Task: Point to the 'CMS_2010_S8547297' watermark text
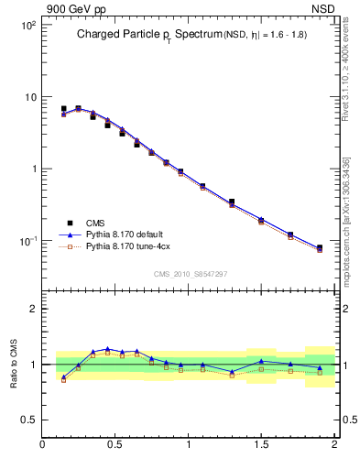(190, 274)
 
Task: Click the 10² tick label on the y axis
(27, 26)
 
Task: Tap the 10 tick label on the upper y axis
(29, 97)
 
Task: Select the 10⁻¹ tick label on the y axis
(27, 241)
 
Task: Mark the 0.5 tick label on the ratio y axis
(27, 420)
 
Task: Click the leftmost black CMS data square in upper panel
(63, 109)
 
